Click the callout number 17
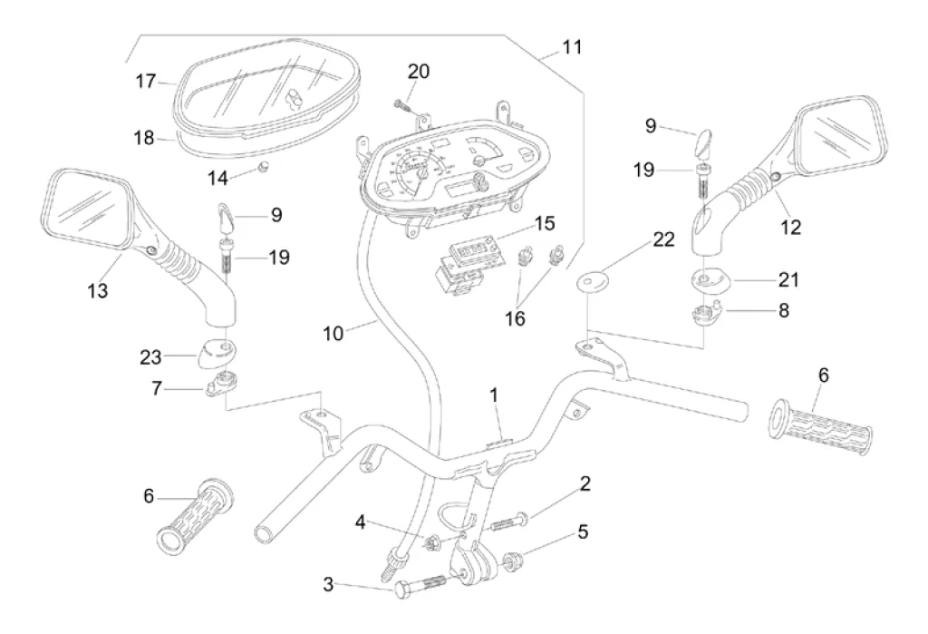[147, 82]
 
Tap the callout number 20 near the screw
[419, 72]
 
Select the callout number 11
[573, 45]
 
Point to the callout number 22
[663, 239]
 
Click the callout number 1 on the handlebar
[494, 395]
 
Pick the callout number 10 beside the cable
[333, 333]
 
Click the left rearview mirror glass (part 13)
[86, 207]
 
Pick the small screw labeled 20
[402, 107]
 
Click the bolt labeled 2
[509, 522]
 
